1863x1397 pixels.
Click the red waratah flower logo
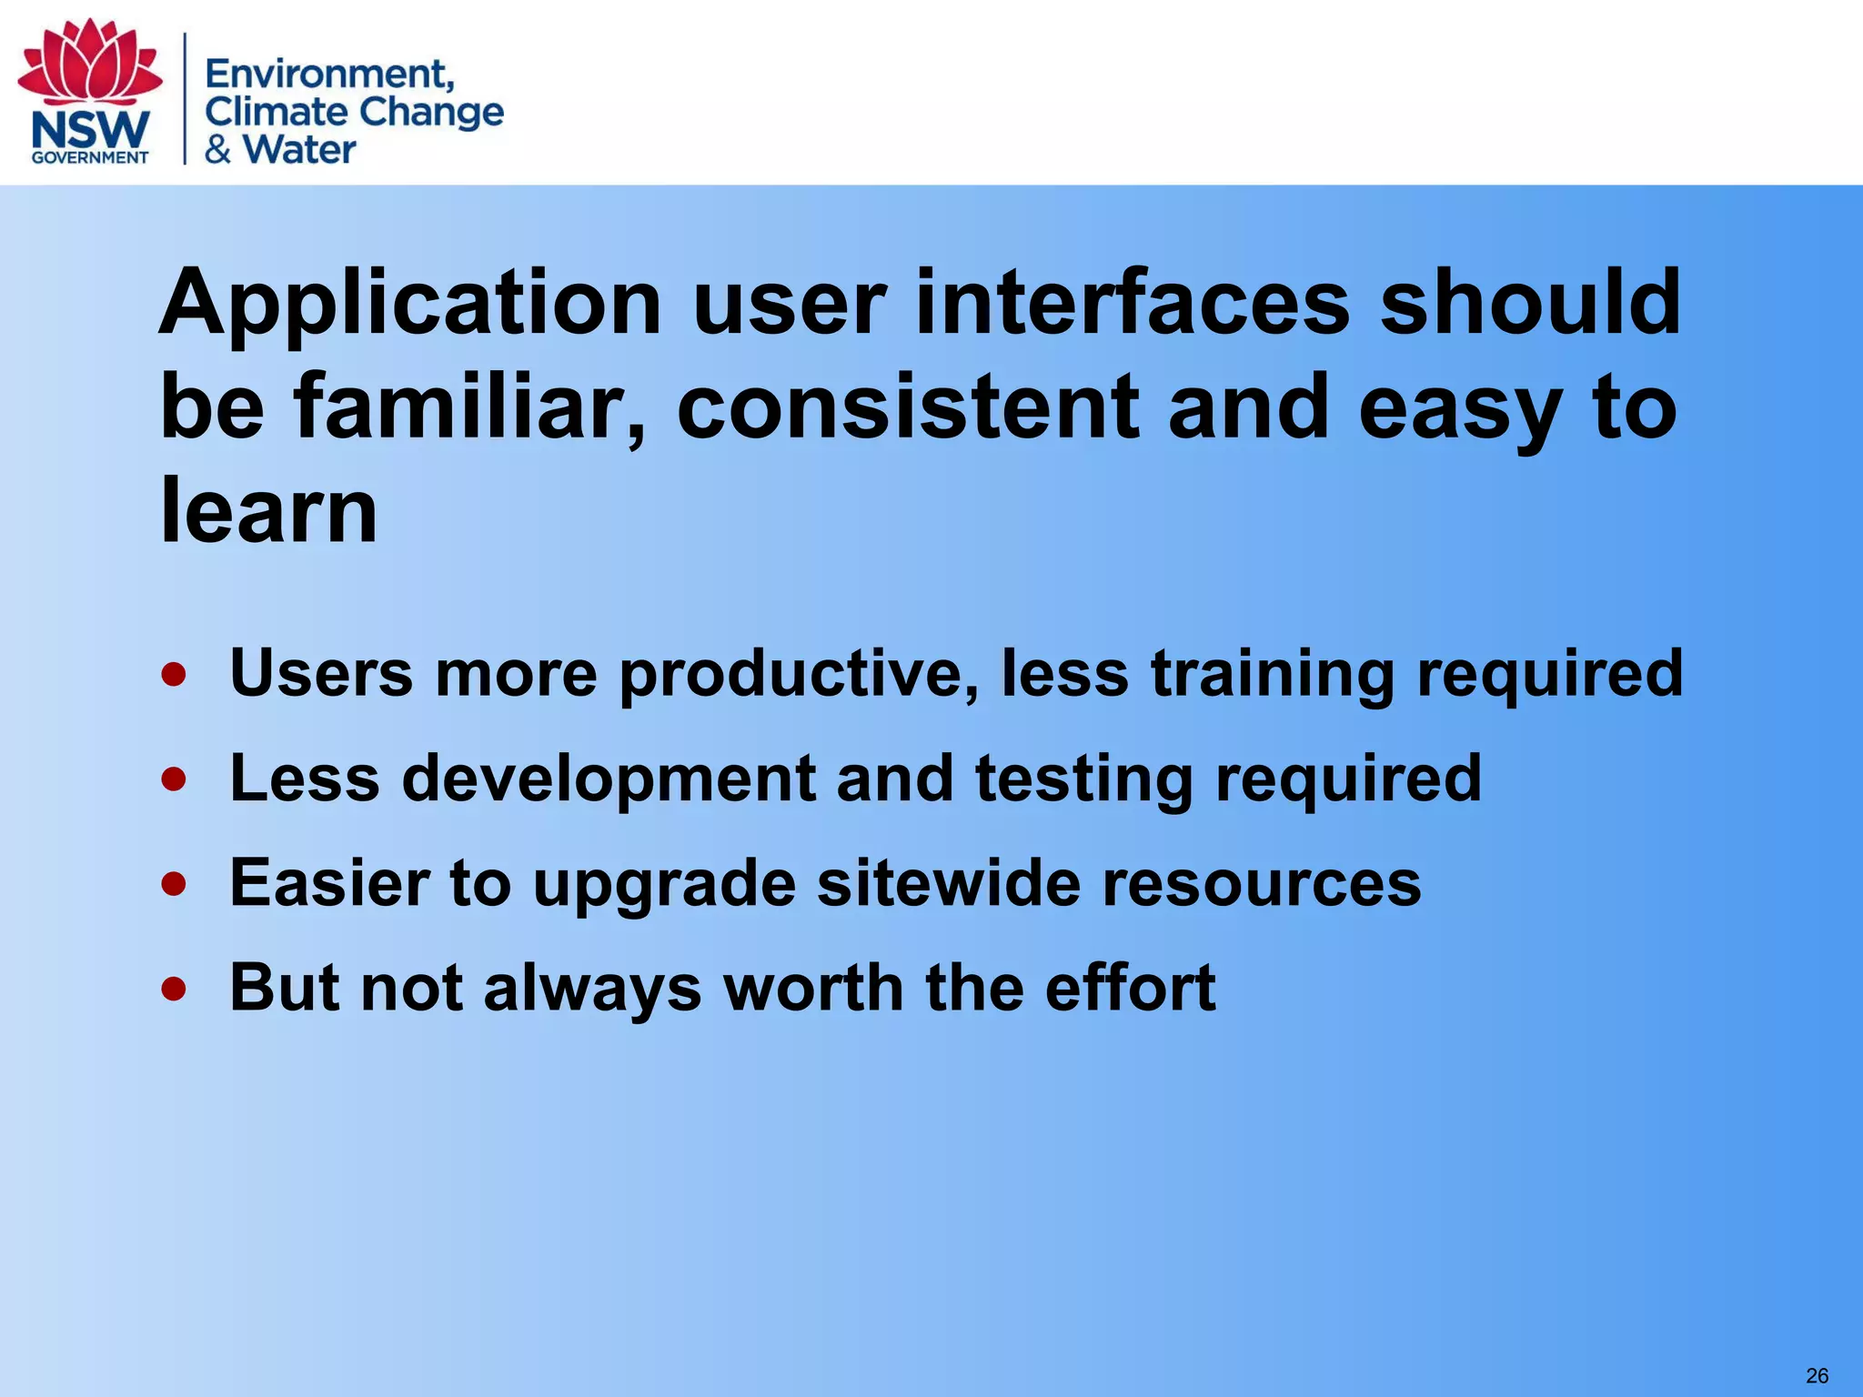click(90, 62)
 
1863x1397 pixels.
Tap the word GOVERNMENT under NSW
click(90, 157)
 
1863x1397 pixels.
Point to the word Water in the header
click(299, 149)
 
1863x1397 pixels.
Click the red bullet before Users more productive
click(174, 675)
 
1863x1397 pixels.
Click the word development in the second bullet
click(609, 779)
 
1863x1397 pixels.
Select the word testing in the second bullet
click(1083, 779)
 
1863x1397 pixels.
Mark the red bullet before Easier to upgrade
click(174, 884)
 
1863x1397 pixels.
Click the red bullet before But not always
click(174, 989)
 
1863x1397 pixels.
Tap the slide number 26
click(1817, 1376)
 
